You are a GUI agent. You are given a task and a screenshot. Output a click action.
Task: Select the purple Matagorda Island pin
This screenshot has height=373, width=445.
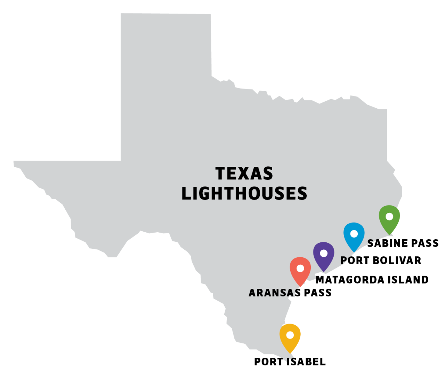click(324, 256)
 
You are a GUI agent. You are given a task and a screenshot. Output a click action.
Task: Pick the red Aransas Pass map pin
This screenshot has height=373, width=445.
click(300, 271)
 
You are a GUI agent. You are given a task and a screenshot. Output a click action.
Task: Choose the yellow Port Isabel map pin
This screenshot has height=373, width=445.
click(290, 337)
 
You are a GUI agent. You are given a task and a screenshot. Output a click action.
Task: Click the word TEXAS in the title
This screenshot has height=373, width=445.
click(244, 173)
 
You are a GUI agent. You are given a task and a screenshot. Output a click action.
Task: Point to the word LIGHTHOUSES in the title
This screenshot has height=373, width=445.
click(244, 194)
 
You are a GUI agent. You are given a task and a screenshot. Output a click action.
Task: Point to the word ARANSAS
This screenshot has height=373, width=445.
click(275, 293)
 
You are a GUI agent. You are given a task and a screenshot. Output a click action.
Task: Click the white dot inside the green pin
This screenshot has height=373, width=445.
click(389, 216)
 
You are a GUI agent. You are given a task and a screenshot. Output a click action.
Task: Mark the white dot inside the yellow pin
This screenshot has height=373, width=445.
click(290, 335)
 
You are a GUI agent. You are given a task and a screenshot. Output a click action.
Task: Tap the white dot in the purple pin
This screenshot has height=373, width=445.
click(324, 253)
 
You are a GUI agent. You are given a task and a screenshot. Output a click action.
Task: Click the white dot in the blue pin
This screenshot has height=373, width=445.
click(354, 234)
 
